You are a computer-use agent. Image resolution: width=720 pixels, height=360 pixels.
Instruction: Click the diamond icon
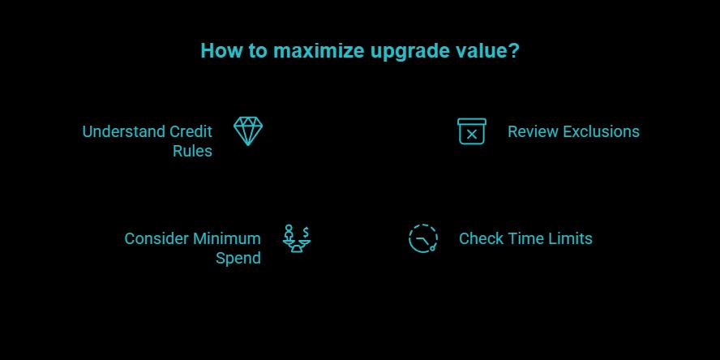point(248,131)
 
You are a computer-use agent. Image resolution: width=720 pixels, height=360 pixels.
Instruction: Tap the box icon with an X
point(471,131)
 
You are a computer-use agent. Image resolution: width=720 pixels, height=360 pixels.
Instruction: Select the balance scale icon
point(296,239)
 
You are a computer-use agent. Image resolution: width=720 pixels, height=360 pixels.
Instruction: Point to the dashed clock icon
point(422,238)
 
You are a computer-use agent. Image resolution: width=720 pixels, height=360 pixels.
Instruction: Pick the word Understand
point(123,131)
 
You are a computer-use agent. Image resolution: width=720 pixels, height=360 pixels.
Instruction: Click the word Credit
point(191,131)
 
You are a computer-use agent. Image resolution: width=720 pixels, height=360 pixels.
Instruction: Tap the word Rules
point(192,151)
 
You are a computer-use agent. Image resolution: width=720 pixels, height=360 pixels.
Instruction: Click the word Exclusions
point(601,131)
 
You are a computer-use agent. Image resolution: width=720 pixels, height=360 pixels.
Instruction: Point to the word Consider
point(156,238)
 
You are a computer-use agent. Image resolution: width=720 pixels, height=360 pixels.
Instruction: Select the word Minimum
point(227,238)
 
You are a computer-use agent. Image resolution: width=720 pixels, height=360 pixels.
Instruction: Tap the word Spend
point(238,258)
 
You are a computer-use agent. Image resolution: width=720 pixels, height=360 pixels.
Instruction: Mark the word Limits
point(571,238)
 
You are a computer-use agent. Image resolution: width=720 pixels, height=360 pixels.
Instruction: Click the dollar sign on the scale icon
point(306,231)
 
